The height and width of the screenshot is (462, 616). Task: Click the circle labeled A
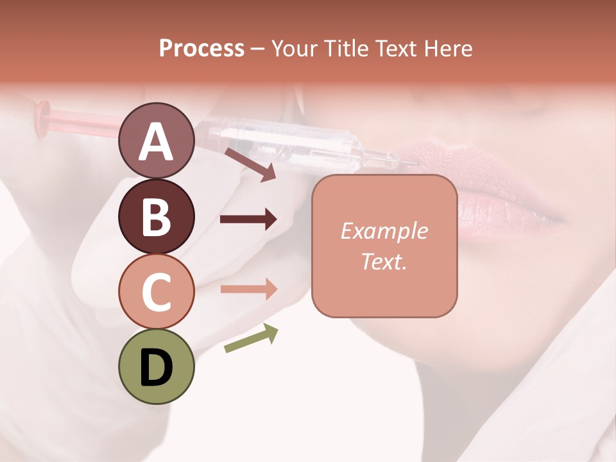pos(156,141)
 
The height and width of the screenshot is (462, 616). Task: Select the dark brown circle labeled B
pos(156,216)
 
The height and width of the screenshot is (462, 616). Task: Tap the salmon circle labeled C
pos(156,291)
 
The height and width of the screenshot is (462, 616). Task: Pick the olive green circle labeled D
pos(156,366)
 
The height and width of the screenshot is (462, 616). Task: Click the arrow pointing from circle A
pos(250,164)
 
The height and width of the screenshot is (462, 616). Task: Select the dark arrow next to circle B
pos(248,219)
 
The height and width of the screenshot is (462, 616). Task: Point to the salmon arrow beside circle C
pos(248,289)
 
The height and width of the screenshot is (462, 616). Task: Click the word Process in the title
pos(201,48)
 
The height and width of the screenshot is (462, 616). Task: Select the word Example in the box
pos(384,231)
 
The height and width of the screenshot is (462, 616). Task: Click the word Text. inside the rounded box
pos(384,261)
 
